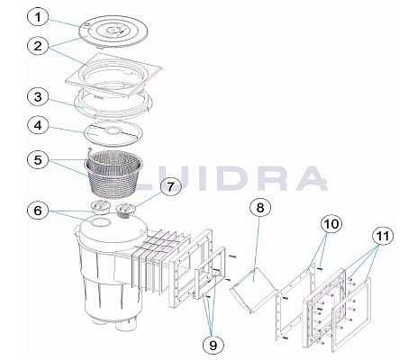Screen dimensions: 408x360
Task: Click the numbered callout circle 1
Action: point(38,18)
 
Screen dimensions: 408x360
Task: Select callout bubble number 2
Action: point(38,47)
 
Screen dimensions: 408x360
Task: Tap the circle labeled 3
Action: point(38,97)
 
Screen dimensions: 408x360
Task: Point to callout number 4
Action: point(38,126)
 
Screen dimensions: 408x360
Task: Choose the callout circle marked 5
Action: point(38,160)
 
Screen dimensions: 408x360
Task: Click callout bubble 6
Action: point(38,211)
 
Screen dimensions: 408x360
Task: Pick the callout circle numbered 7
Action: point(170,187)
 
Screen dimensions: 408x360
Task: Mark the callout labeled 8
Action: point(260,207)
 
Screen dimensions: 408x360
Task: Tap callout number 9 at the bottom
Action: point(213,346)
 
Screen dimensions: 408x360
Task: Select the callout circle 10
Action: point(331,224)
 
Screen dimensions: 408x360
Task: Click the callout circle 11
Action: point(383,236)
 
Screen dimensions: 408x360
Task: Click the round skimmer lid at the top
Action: point(113,31)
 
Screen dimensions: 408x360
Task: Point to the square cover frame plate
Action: point(113,76)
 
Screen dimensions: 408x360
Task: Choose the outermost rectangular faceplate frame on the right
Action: point(351,315)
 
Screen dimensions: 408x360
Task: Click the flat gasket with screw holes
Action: point(295,302)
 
